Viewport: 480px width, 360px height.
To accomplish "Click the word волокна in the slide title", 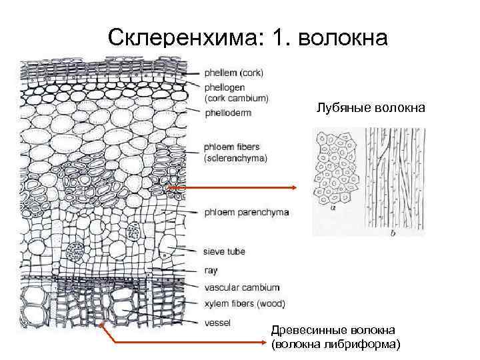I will tap(343, 38).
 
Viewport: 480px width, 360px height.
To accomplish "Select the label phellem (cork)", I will tap(233, 73).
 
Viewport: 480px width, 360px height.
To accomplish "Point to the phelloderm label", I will tap(228, 113).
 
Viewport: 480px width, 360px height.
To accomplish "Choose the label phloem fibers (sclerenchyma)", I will tap(235, 153).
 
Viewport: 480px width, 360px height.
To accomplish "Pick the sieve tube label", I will tap(225, 252).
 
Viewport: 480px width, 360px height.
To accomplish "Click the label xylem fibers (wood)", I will tap(245, 304).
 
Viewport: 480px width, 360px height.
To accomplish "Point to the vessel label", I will tap(218, 323).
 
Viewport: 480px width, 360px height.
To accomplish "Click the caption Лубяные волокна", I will tap(371, 107).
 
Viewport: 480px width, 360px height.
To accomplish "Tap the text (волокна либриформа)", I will tap(336, 344).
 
